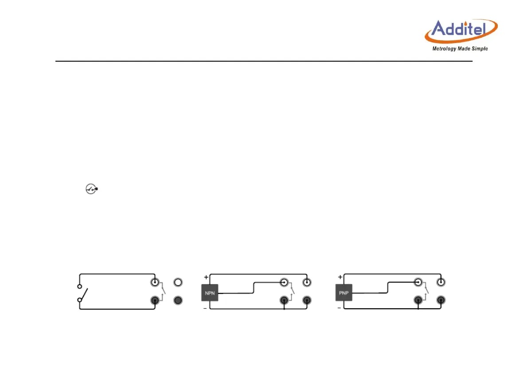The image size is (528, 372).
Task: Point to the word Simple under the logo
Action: (481, 49)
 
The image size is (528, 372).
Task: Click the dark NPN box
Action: (210, 293)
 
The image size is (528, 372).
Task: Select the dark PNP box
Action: (344, 293)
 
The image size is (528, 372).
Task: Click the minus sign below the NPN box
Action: (205, 308)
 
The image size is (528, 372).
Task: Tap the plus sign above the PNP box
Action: (340, 277)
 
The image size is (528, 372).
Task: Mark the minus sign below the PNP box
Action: (339, 308)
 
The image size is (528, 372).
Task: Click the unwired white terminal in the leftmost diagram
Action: (178, 282)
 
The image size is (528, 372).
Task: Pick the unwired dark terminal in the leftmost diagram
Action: (178, 300)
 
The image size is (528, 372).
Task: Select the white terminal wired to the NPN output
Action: (284, 282)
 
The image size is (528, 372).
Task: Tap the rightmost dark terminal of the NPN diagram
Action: (306, 300)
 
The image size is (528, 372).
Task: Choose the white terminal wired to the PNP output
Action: (418, 282)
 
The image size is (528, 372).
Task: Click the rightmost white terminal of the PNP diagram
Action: (441, 282)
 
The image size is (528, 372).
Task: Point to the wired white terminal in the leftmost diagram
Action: (155, 282)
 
